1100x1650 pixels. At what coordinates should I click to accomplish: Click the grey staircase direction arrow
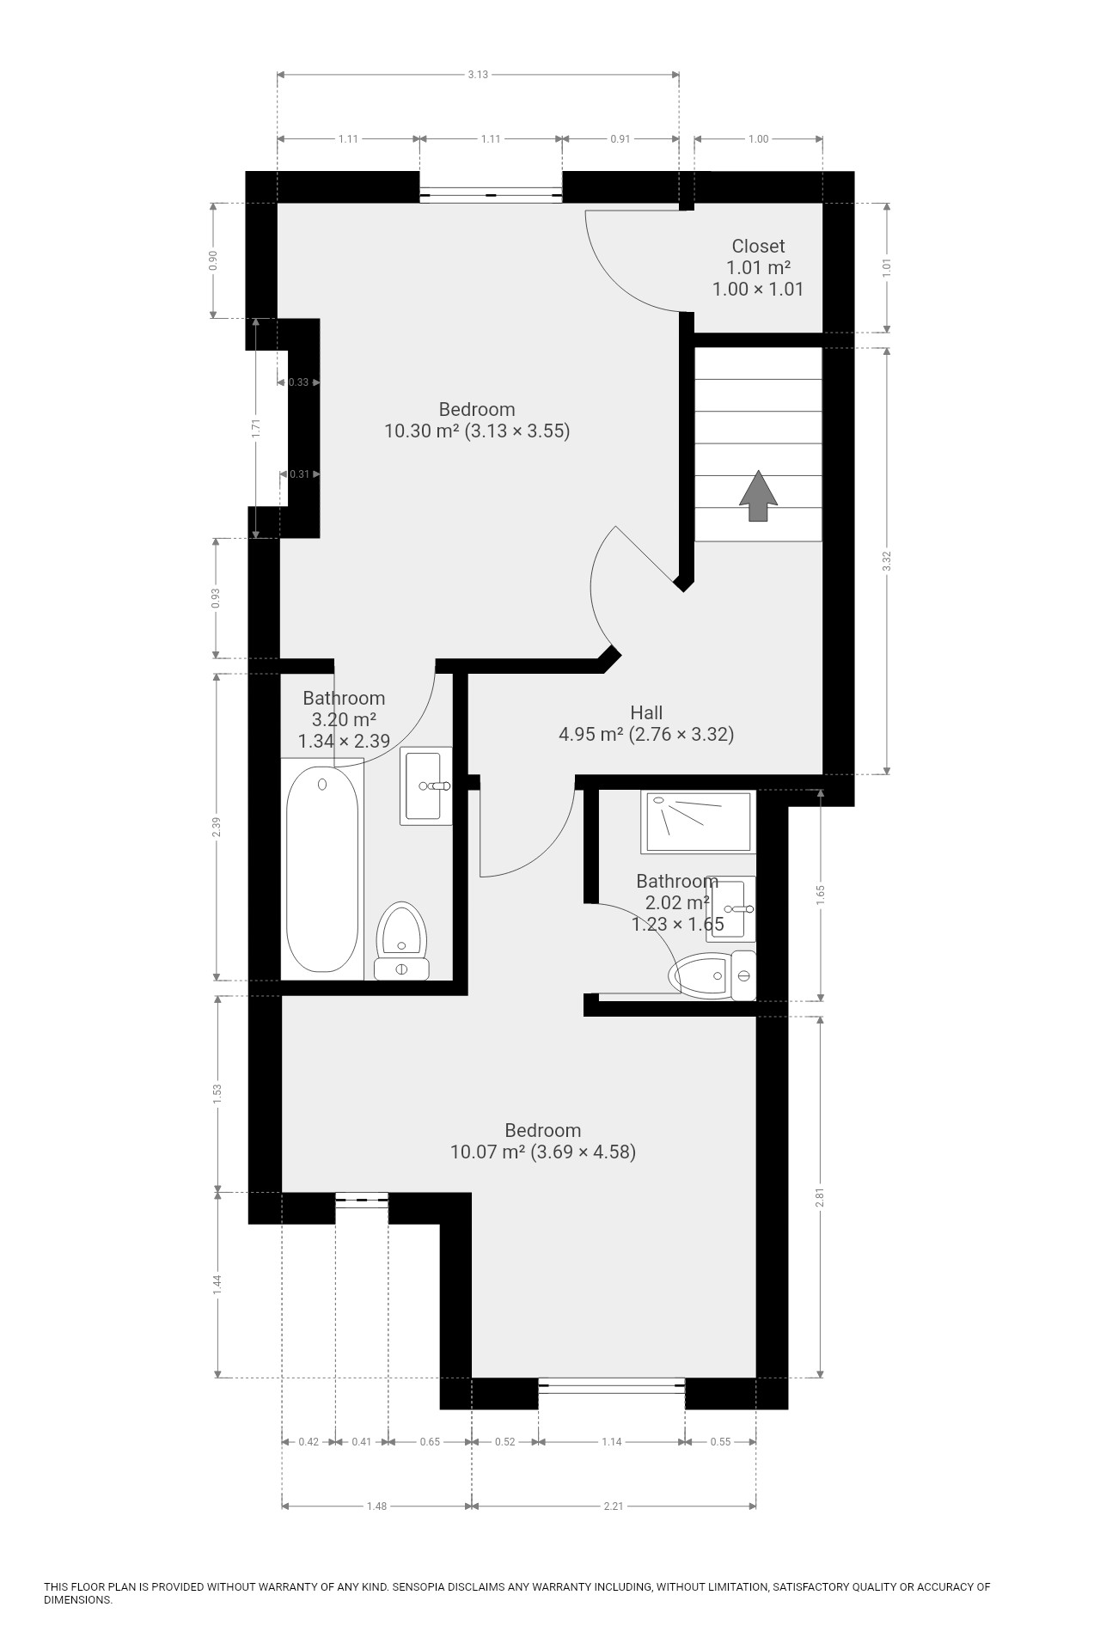coord(757,496)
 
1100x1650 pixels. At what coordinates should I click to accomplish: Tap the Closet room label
coord(758,246)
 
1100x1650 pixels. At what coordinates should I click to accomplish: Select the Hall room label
coord(646,712)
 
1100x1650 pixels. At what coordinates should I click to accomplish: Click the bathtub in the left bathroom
coord(321,869)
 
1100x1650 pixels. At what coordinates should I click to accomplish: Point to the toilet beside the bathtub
coord(402,940)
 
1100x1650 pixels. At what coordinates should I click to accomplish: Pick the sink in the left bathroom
coord(425,785)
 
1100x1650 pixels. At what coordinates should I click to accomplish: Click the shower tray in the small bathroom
coord(698,822)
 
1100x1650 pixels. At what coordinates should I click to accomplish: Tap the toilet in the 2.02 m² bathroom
coord(712,975)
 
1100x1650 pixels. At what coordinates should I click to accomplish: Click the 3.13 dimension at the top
coord(478,74)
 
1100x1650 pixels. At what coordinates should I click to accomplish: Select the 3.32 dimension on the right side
coord(888,560)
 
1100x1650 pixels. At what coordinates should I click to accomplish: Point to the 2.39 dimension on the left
coord(217,827)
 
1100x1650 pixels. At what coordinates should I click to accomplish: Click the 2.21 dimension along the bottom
coord(614,1506)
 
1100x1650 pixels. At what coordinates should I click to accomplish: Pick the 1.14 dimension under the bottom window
coord(611,1441)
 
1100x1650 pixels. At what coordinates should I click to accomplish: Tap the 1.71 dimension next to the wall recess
coord(256,428)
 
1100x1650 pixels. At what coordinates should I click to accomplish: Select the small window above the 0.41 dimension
coord(362,1200)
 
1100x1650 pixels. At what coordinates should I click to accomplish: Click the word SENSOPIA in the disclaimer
coord(422,1586)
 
